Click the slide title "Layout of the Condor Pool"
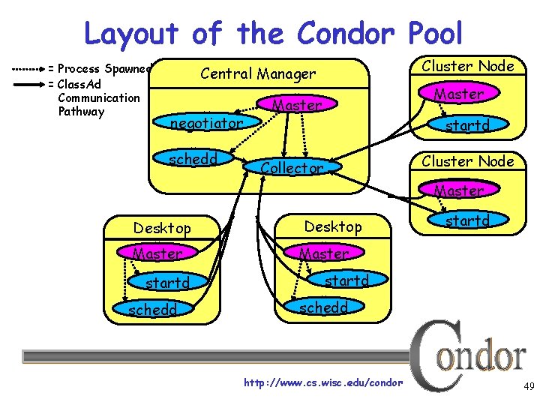coord(274,34)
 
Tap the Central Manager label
coord(257,73)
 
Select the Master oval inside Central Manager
coord(297,105)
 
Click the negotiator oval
coord(207,122)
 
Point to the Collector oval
coord(292,168)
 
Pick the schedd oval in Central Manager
coord(193,159)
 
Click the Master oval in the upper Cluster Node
coord(459,94)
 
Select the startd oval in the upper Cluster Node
coord(466,125)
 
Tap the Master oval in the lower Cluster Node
coord(459,190)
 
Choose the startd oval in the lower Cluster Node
coord(466,220)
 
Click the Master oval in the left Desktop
coord(157,253)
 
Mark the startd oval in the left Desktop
coord(167,283)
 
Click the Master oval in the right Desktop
coord(324,253)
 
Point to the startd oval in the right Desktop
coord(346,280)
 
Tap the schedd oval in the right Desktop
coord(323,307)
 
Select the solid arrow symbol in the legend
coord(28,83)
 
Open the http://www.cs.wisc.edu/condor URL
coord(323,383)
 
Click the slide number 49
coord(529,387)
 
